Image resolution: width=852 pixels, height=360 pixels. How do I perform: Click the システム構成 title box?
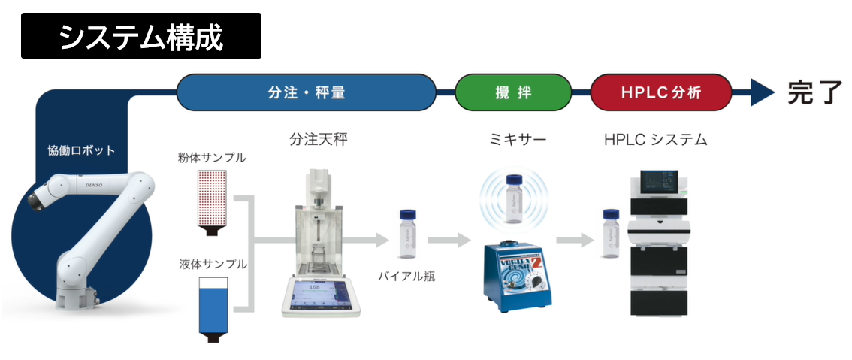(141, 36)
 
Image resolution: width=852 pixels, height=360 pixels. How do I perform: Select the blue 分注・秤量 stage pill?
(306, 92)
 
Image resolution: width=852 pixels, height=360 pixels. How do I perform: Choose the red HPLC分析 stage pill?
(660, 92)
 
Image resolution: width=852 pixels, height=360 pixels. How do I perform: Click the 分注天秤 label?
(319, 140)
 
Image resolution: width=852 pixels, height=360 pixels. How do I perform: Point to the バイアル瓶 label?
(406, 276)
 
